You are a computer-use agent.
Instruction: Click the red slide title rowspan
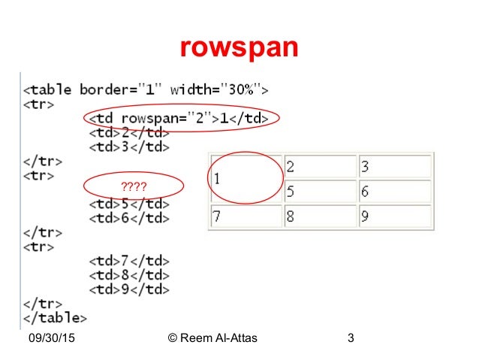click(239, 48)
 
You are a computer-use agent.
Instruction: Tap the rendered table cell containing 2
click(320, 166)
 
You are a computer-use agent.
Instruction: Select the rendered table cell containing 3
click(393, 166)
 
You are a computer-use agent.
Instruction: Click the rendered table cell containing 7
click(246, 216)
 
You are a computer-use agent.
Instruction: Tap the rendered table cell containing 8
click(320, 216)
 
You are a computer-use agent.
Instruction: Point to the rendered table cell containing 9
click(393, 216)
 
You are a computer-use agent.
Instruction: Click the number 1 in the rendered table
click(216, 179)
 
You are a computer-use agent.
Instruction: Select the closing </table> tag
click(55, 318)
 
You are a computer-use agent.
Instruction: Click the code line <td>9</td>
click(128, 289)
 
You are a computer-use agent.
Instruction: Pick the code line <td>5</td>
click(128, 204)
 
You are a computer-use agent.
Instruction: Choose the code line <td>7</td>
click(128, 261)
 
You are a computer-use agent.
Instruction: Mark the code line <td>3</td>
click(128, 147)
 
